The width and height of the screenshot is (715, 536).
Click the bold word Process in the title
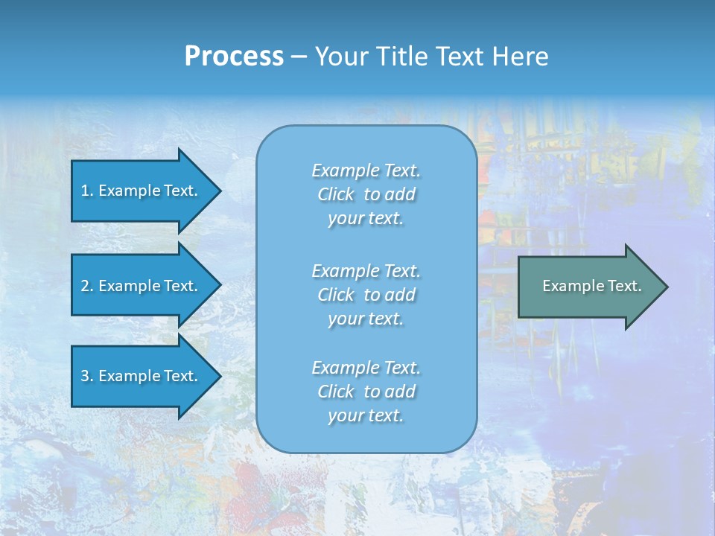(x=234, y=57)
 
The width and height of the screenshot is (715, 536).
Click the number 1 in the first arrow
(x=85, y=191)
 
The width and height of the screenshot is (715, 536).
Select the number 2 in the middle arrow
(x=85, y=286)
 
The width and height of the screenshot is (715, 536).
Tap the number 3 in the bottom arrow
(x=85, y=376)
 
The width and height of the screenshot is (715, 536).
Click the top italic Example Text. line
(x=366, y=170)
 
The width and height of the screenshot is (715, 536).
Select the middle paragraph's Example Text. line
(x=366, y=271)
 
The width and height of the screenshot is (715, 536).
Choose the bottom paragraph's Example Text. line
(x=366, y=368)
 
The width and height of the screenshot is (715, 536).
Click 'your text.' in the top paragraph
(x=366, y=219)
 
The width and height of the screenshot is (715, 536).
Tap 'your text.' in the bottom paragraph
(x=366, y=416)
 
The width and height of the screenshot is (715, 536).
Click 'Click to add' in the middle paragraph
(x=366, y=295)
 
